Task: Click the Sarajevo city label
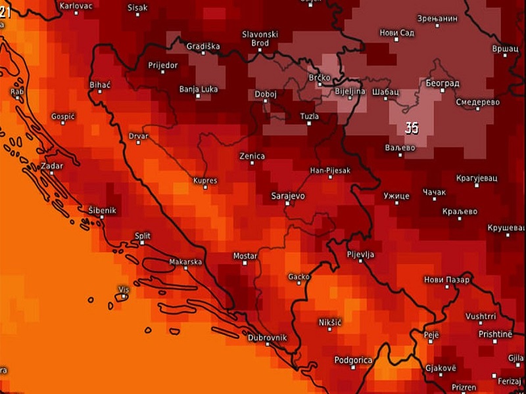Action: (287, 196)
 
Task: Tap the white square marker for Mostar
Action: (245, 263)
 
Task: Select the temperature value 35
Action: (412, 128)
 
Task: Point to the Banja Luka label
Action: (199, 89)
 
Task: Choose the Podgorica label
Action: (353, 360)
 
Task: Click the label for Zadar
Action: (52, 166)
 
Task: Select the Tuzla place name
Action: (309, 116)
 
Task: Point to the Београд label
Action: (442, 83)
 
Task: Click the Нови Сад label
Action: (396, 32)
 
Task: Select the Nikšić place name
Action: (330, 322)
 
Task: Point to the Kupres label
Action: (204, 181)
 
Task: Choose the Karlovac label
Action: (76, 5)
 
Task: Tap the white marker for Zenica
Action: (252, 163)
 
